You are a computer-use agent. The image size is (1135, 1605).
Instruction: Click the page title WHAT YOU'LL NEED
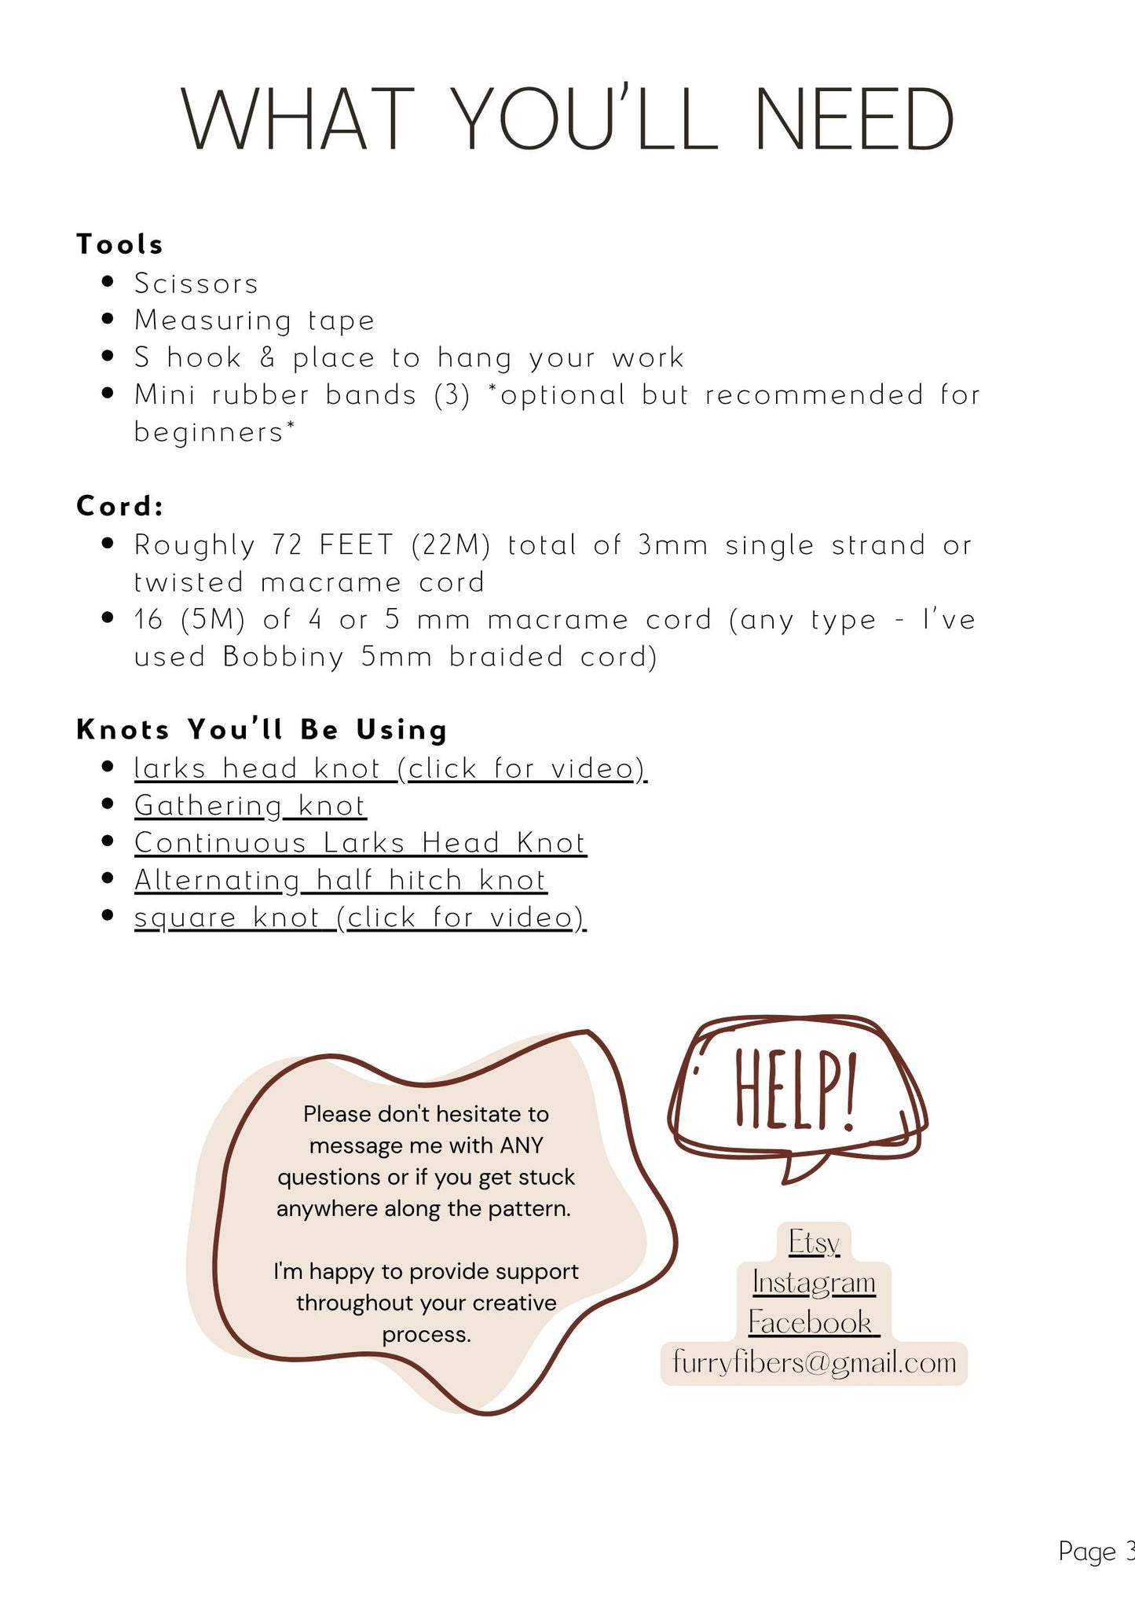(567, 119)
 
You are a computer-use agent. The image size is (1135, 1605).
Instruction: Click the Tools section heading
(119, 244)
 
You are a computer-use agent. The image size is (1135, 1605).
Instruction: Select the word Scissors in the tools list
(196, 284)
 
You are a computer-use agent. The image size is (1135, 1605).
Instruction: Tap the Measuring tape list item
(254, 321)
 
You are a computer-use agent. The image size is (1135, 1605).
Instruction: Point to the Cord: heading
(119, 506)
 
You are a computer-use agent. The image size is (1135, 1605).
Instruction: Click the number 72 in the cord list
(287, 544)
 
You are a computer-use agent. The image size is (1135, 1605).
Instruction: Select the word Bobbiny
(283, 657)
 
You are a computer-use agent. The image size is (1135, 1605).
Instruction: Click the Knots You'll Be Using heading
(262, 730)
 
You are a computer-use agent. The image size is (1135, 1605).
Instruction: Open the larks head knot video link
(390, 768)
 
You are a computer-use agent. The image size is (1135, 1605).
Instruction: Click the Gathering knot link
(250, 806)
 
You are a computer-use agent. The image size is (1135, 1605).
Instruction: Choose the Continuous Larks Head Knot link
(360, 843)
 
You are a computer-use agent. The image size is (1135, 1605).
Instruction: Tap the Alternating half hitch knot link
(340, 881)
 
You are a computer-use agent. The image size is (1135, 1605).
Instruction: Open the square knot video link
(360, 918)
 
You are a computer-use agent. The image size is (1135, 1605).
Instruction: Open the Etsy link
(814, 1243)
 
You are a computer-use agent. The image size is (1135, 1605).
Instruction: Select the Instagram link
(814, 1283)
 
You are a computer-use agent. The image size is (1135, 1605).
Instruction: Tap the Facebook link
(811, 1323)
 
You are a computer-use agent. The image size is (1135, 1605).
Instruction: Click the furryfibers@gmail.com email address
(815, 1363)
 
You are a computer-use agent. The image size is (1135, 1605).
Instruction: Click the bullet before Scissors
(108, 282)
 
